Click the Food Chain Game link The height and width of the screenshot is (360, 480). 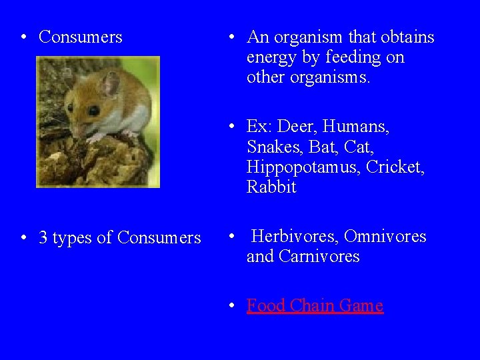[315, 306]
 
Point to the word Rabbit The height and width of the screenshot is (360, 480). [271, 187]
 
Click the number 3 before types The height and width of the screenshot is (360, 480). [43, 238]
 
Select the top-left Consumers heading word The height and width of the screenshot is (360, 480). [81, 37]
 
